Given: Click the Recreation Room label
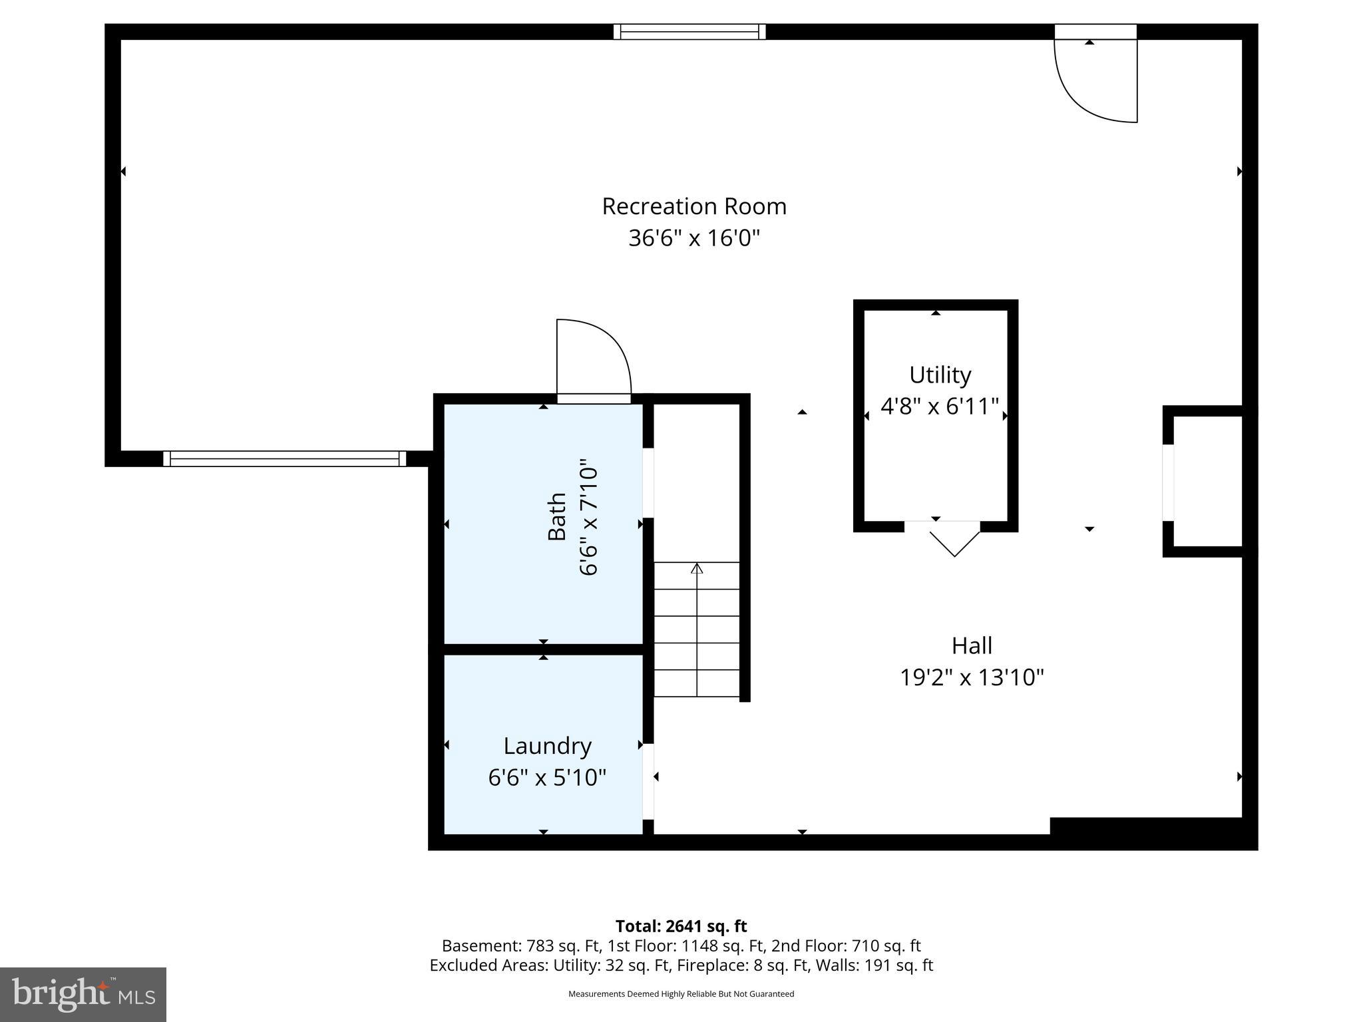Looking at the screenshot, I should click(694, 206).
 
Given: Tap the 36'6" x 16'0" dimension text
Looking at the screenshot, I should click(694, 238).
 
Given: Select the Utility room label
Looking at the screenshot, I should click(940, 375).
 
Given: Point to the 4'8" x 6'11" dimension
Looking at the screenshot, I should click(940, 406).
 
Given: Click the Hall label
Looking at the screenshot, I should click(972, 645).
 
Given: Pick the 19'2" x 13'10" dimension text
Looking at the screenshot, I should click(972, 677).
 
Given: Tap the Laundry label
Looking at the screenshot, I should click(547, 746).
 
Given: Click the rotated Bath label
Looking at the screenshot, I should click(556, 516).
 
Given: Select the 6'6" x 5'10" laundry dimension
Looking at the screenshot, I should click(547, 777).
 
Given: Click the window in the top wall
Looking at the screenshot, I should click(689, 31).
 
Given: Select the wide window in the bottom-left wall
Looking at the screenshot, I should click(284, 458).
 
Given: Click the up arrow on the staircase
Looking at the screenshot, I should click(697, 570).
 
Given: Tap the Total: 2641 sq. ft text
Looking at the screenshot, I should click(681, 926).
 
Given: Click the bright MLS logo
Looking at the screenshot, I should click(83, 995).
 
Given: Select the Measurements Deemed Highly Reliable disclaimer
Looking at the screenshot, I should click(681, 994).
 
